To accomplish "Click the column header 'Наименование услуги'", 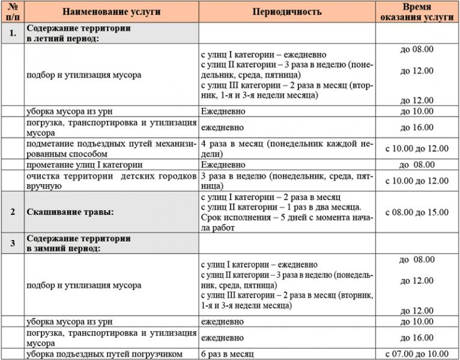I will tap(111, 12).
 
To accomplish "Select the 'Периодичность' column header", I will tap(287, 12).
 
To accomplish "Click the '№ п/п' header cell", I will tap(12, 12).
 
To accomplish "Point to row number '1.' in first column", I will tap(12, 34).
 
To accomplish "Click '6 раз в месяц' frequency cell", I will tap(228, 354).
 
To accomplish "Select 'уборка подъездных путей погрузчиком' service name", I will tap(104, 354).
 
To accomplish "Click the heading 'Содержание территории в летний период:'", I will tap(78, 34).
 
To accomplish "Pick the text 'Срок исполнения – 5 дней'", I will tap(252, 217).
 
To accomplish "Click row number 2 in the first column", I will tap(12, 212).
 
